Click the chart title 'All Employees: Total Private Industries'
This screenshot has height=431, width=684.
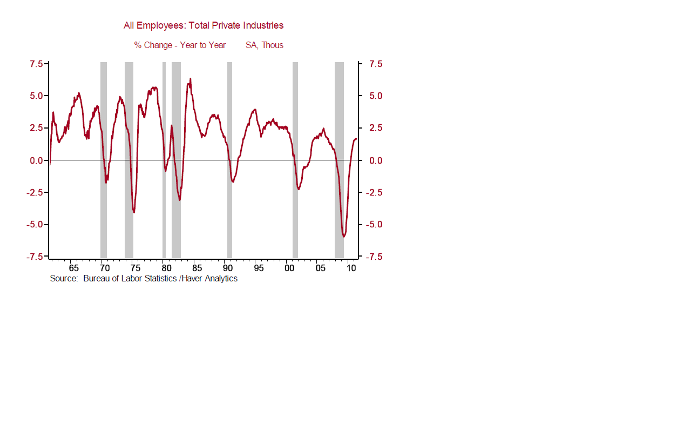(x=204, y=25)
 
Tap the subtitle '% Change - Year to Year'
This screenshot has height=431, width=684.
(x=180, y=45)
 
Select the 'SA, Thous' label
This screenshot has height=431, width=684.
(x=264, y=45)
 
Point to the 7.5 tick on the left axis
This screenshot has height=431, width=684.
(x=36, y=64)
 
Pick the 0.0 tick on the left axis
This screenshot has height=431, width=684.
(x=36, y=160)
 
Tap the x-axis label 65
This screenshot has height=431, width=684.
(x=73, y=268)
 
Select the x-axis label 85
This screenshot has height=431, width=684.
(x=197, y=268)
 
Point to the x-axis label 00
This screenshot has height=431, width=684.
(x=289, y=268)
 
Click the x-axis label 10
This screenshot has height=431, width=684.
(x=351, y=268)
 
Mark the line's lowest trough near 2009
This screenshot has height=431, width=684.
(x=343, y=237)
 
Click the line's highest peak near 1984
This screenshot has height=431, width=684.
(x=190, y=79)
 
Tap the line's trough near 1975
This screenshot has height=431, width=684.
(x=133, y=212)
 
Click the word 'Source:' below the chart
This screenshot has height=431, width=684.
(x=64, y=279)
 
